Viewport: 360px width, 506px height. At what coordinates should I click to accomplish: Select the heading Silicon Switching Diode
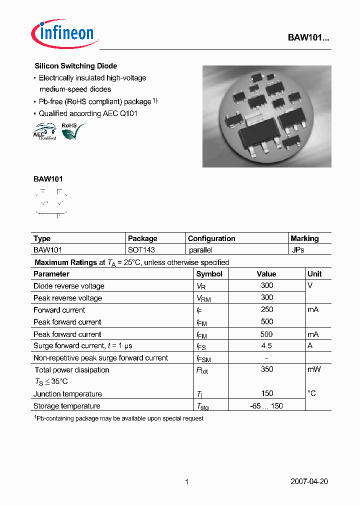click(x=75, y=66)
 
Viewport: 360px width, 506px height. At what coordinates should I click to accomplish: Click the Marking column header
click(x=304, y=238)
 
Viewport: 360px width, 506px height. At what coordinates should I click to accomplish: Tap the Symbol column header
click(x=209, y=274)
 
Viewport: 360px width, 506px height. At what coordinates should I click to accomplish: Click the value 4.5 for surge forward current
click(x=266, y=346)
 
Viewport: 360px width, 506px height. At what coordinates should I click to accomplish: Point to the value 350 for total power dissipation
click(x=267, y=369)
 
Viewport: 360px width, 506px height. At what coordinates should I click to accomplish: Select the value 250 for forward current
click(x=267, y=309)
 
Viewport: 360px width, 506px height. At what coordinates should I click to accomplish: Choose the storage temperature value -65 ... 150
click(x=266, y=406)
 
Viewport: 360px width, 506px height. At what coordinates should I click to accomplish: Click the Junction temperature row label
click(x=67, y=394)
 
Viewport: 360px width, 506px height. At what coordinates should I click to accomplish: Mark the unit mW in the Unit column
click(x=314, y=369)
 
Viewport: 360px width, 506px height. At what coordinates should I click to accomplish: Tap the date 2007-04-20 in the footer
click(x=309, y=482)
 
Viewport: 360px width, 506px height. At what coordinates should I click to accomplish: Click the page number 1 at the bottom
click(x=186, y=482)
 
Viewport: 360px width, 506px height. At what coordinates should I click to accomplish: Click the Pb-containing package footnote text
click(x=118, y=418)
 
